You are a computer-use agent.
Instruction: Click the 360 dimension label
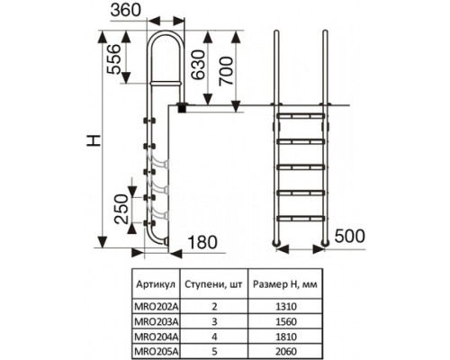(x=125, y=10)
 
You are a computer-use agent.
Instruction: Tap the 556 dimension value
(x=114, y=58)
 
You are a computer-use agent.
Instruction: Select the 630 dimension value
(x=198, y=65)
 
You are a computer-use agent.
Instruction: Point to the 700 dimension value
(x=226, y=71)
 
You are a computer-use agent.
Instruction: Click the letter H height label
(x=94, y=140)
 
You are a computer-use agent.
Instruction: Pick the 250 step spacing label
(x=122, y=209)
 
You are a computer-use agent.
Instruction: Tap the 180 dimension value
(x=202, y=242)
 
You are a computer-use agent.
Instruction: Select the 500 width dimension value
(x=350, y=236)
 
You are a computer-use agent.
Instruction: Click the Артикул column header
(x=156, y=283)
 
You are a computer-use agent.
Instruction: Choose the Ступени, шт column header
(x=213, y=284)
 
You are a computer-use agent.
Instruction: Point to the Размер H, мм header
(x=285, y=284)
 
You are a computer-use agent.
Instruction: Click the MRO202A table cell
(x=157, y=306)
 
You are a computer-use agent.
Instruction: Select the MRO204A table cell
(x=157, y=337)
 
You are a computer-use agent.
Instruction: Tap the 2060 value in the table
(x=286, y=351)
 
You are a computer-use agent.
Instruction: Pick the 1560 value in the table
(x=286, y=321)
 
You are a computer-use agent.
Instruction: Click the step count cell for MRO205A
(x=214, y=351)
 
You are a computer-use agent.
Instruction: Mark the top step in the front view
(x=301, y=115)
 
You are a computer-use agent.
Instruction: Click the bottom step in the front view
(x=301, y=219)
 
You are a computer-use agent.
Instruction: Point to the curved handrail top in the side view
(x=166, y=32)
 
